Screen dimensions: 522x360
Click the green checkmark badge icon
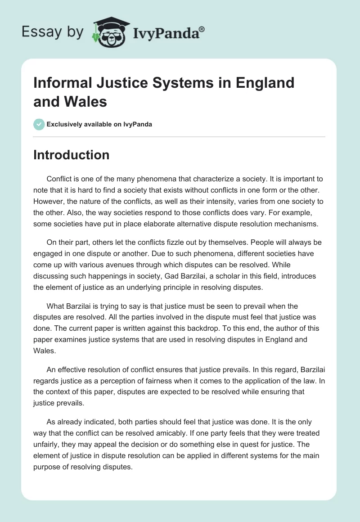coord(39,124)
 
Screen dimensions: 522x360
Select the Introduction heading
coord(72,155)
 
